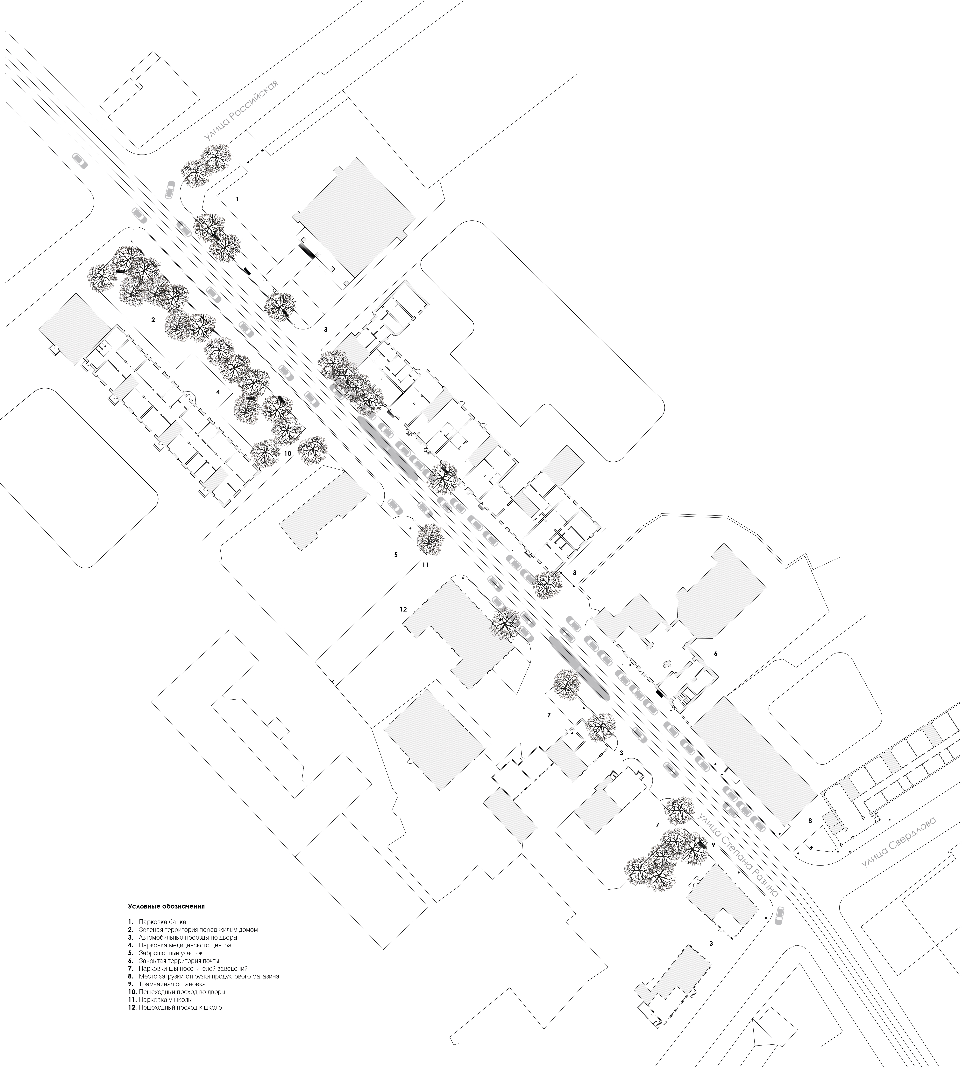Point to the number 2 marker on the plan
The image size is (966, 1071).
(153, 320)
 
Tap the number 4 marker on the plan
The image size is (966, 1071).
(218, 393)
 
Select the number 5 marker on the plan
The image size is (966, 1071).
(395, 554)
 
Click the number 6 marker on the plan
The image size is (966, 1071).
(715, 654)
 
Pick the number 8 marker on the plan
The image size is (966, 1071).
(810, 821)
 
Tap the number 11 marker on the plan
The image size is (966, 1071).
(425, 565)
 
